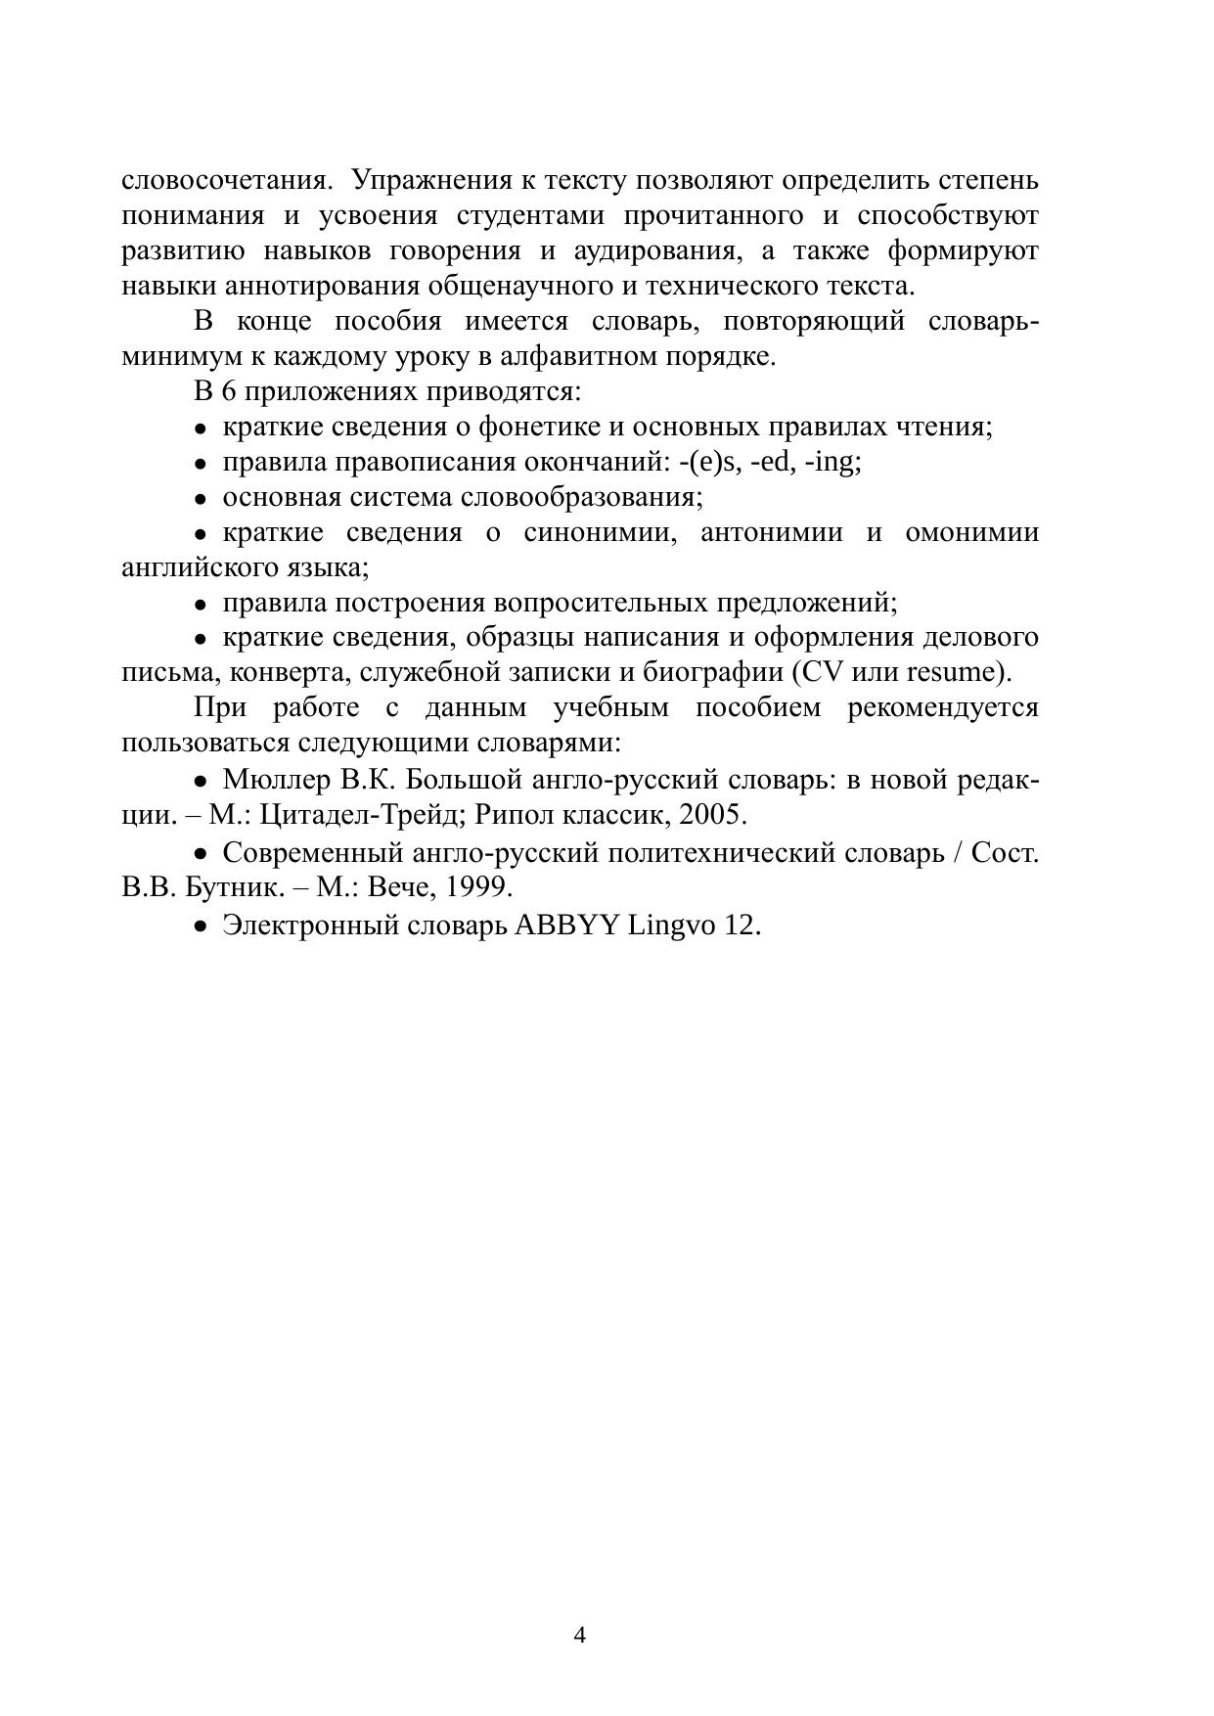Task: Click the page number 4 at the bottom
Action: click(579, 1635)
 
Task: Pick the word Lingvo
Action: click(671, 925)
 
